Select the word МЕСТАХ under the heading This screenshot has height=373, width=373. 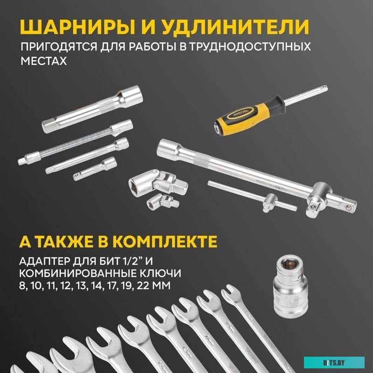click(x=41, y=61)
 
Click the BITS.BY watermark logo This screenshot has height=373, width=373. click(x=334, y=361)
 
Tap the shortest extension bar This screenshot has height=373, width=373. click(x=95, y=168)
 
